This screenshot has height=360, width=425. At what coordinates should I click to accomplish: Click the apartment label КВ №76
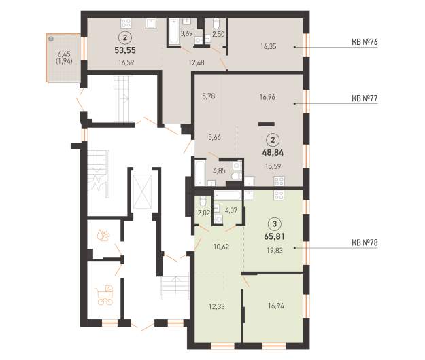(x=364, y=42)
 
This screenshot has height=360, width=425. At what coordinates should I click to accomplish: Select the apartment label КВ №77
(x=364, y=98)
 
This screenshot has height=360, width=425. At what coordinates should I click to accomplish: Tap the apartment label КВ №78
(x=364, y=242)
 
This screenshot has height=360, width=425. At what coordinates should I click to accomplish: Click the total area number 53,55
(x=125, y=50)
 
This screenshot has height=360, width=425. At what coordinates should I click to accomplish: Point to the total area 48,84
(x=273, y=152)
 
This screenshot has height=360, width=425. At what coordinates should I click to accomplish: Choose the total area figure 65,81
(x=274, y=236)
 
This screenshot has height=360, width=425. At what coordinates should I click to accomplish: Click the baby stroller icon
(x=104, y=295)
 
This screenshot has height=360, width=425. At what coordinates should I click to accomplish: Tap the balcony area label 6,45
(x=64, y=54)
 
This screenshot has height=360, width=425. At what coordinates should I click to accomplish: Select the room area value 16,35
(x=269, y=46)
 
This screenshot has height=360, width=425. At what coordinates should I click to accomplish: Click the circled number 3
(x=275, y=224)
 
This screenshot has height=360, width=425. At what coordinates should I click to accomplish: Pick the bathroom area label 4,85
(x=219, y=170)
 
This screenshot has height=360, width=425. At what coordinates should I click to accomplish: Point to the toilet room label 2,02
(x=203, y=213)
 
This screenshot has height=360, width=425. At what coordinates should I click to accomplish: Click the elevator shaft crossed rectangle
(x=142, y=192)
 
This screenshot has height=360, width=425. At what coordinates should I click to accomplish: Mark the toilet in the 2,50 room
(x=216, y=24)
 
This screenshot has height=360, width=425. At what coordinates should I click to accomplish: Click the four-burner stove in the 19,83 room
(x=279, y=195)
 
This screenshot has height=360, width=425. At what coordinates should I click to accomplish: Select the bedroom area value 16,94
(x=276, y=306)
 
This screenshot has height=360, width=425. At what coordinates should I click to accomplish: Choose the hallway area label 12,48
(x=197, y=62)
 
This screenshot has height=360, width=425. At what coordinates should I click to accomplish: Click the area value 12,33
(x=216, y=306)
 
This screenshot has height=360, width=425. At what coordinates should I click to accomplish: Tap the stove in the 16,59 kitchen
(x=126, y=23)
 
